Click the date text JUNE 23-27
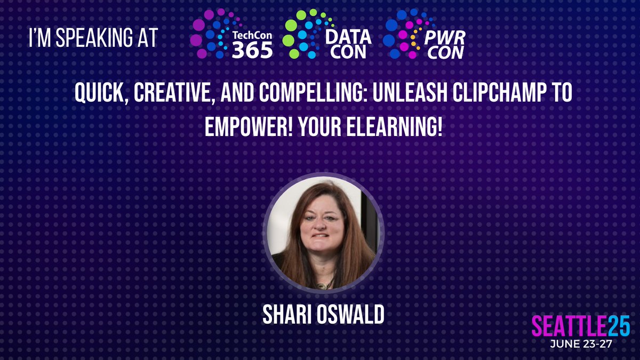(x=581, y=345)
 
